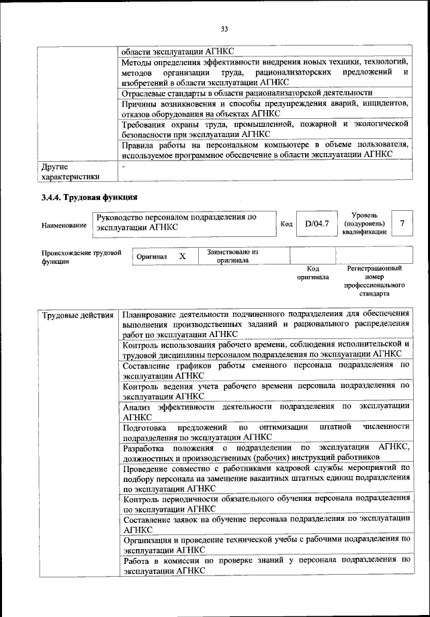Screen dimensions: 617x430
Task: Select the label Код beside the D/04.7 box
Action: click(x=286, y=224)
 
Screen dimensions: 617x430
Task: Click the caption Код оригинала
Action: click(x=312, y=273)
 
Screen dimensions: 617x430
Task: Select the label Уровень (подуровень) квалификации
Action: click(x=364, y=223)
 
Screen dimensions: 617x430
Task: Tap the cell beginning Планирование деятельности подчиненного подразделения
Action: click(x=265, y=324)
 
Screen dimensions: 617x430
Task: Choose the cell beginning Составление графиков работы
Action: click(x=265, y=370)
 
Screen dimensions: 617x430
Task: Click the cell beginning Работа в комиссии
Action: click(x=265, y=563)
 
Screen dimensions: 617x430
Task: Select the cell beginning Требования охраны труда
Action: click(x=265, y=129)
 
